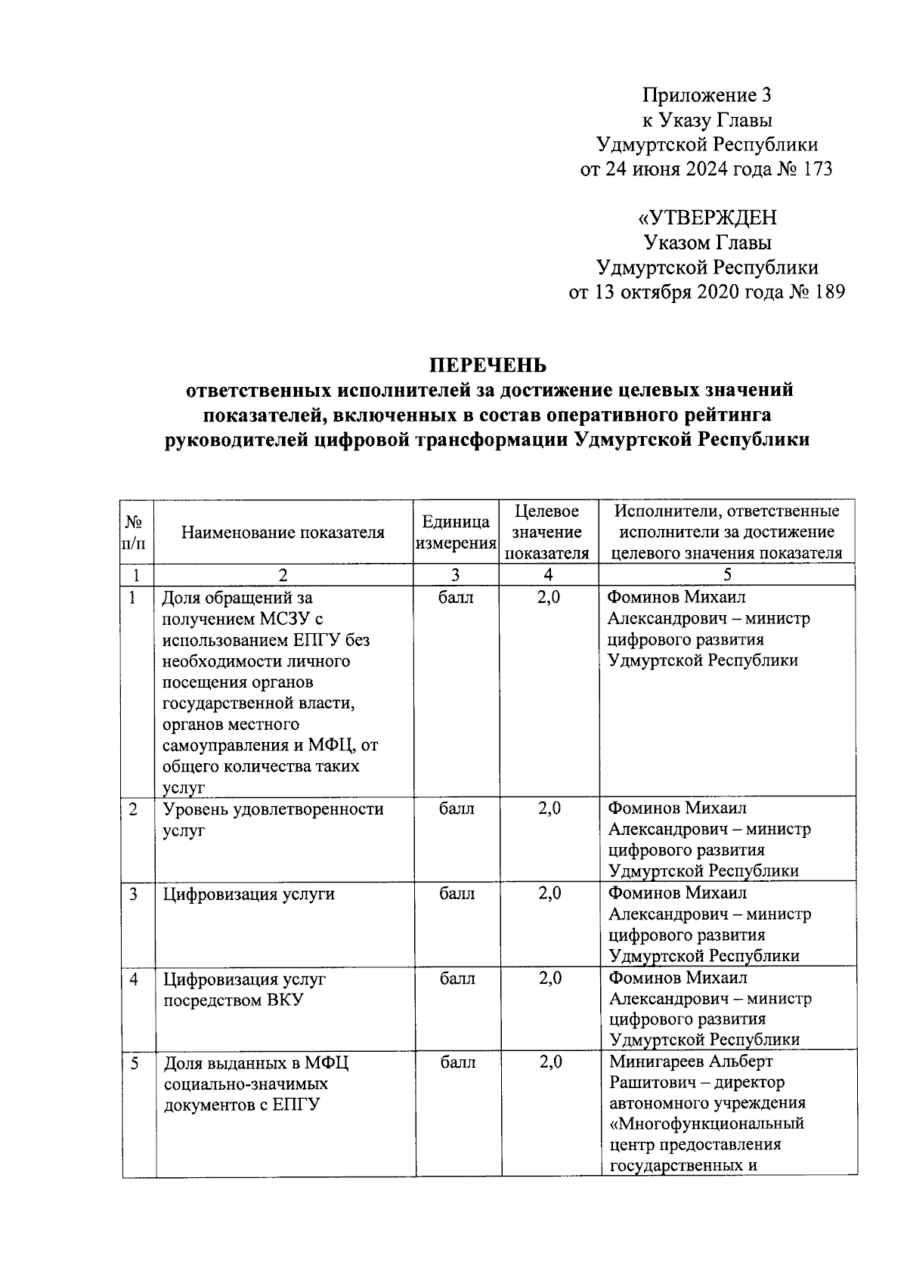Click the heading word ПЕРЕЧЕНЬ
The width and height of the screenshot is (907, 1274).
(x=488, y=366)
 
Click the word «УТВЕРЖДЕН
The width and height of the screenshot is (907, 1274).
(x=707, y=218)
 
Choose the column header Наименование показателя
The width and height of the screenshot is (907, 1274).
(x=283, y=533)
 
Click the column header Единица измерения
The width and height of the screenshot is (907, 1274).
(x=456, y=533)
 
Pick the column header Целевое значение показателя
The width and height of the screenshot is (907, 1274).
(x=547, y=533)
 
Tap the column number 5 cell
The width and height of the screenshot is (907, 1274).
(x=726, y=575)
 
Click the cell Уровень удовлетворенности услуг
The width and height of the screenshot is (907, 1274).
(x=273, y=819)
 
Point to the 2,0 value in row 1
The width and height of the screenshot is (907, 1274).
(x=549, y=598)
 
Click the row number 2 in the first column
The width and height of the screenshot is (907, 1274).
(x=133, y=809)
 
